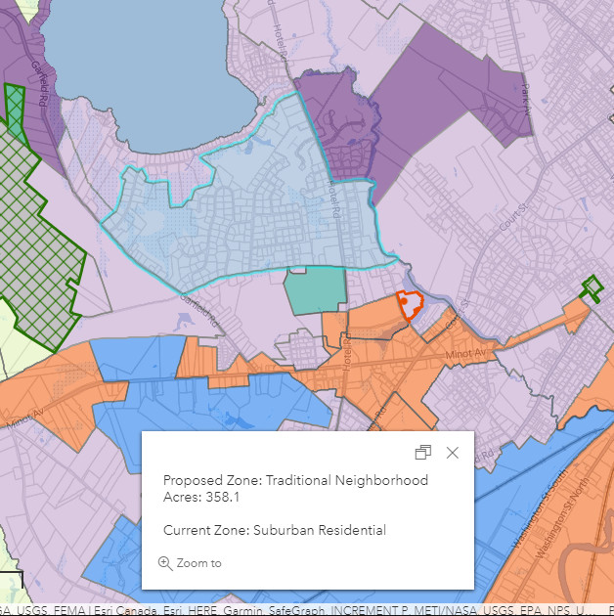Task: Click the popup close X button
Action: click(452, 453)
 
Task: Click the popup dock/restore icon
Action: click(423, 453)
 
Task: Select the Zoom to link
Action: click(198, 563)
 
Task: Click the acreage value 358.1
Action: click(224, 497)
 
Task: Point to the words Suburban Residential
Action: click(319, 530)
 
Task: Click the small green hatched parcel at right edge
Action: click(592, 287)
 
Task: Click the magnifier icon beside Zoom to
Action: click(164, 563)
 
